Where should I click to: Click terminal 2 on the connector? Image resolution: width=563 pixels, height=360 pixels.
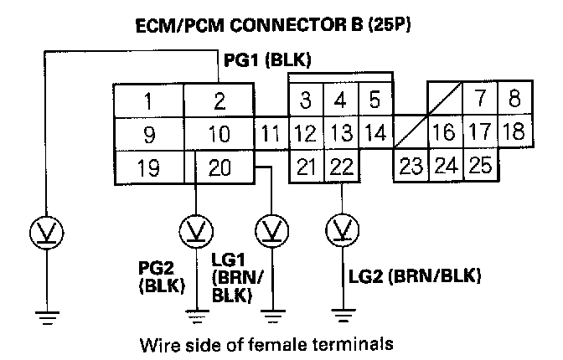[219, 102]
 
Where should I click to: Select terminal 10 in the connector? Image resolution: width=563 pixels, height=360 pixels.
[219, 134]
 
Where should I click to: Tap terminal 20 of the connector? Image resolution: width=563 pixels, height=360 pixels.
[219, 167]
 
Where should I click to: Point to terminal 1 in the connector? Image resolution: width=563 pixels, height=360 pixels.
[147, 102]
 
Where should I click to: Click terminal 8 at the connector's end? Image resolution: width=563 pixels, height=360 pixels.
[514, 99]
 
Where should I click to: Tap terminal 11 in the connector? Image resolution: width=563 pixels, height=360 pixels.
[268, 133]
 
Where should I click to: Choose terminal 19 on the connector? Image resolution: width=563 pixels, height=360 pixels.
[147, 167]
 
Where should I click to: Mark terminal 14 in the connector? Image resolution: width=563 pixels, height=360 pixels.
[375, 132]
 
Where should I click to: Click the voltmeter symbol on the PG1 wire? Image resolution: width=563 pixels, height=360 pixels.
[47, 230]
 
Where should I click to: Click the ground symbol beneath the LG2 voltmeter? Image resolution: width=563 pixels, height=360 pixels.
[342, 316]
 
